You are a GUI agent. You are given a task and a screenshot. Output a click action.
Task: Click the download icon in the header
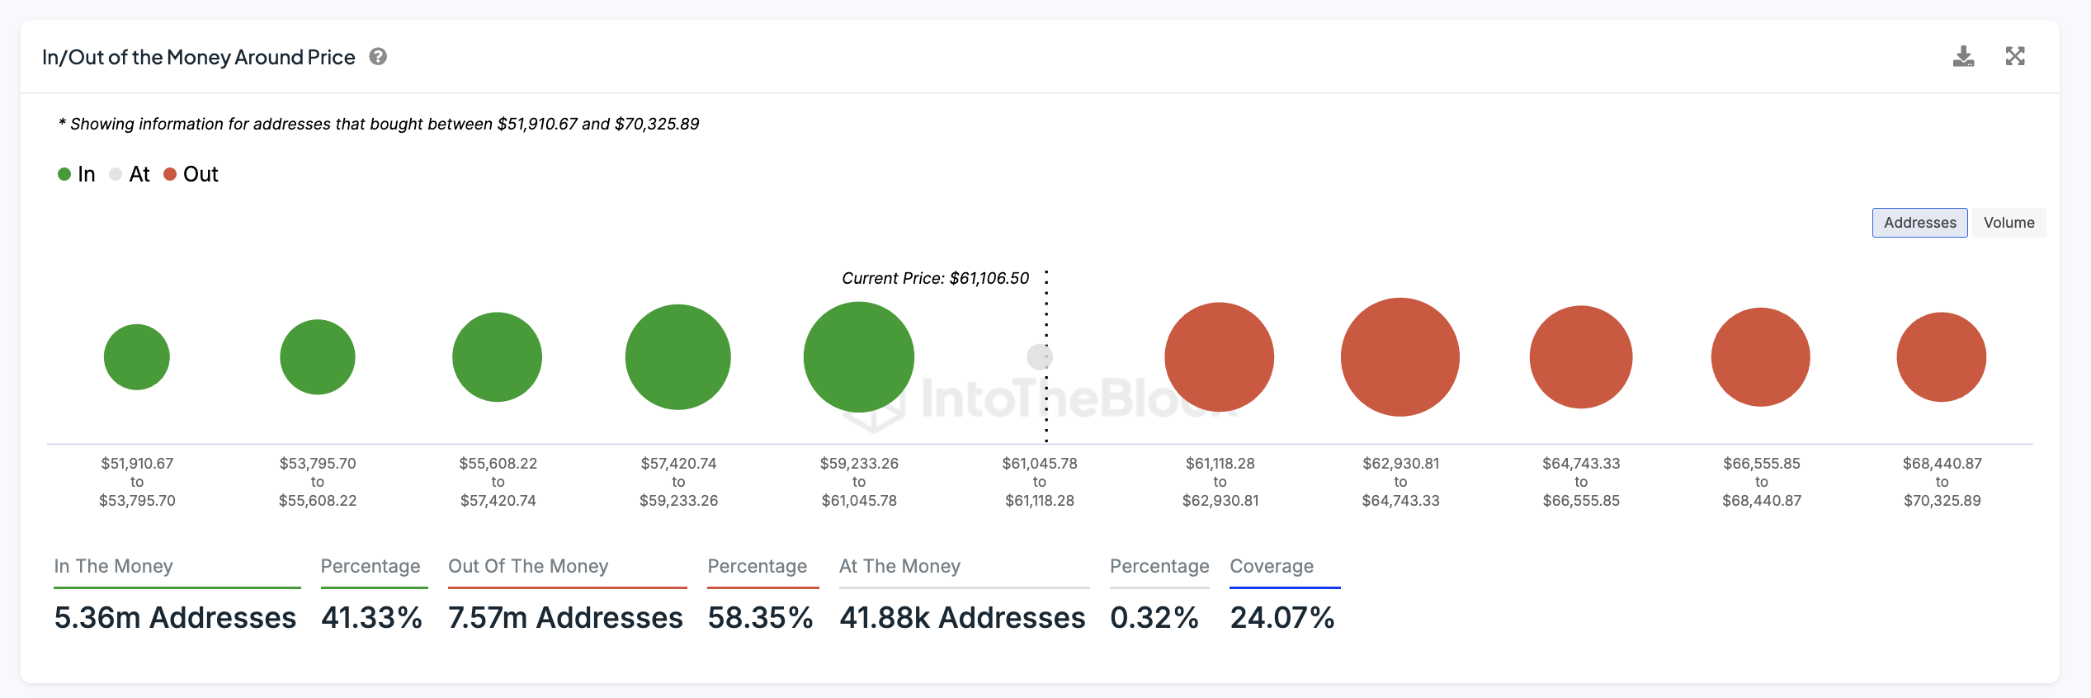click(x=1963, y=56)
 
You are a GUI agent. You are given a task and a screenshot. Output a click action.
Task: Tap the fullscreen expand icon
click(x=2015, y=56)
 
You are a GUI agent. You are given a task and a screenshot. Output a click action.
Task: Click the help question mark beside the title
click(x=378, y=57)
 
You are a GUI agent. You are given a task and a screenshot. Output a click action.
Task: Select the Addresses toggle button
click(x=1919, y=223)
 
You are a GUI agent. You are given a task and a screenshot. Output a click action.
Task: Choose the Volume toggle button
click(x=2008, y=223)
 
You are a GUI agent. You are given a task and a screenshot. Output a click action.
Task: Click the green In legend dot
click(x=64, y=174)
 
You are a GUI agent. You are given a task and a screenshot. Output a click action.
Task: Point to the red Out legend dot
click(x=170, y=174)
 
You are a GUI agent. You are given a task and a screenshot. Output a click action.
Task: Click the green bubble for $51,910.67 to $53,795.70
click(x=137, y=357)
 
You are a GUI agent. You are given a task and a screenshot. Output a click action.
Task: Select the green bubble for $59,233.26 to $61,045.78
click(x=859, y=357)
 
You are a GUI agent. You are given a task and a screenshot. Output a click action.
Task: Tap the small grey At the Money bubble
click(x=1039, y=357)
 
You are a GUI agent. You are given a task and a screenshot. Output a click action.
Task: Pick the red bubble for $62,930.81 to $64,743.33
click(x=1400, y=357)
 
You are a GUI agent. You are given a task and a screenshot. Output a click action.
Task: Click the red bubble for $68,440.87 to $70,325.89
click(x=1942, y=357)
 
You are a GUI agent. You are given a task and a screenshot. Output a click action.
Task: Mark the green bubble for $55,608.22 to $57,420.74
click(x=498, y=357)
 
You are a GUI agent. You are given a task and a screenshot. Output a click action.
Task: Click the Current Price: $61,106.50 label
click(x=935, y=278)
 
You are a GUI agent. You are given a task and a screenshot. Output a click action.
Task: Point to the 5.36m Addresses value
click(x=175, y=617)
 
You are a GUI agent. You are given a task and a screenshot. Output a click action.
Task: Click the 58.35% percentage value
click(x=760, y=617)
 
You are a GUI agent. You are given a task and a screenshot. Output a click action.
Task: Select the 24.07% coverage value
click(x=1282, y=617)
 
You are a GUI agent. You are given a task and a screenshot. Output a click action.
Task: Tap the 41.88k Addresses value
click(x=962, y=617)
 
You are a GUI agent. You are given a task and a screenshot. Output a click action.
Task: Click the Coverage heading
click(x=1272, y=566)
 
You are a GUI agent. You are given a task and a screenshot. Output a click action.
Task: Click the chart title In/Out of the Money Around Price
click(x=199, y=57)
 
